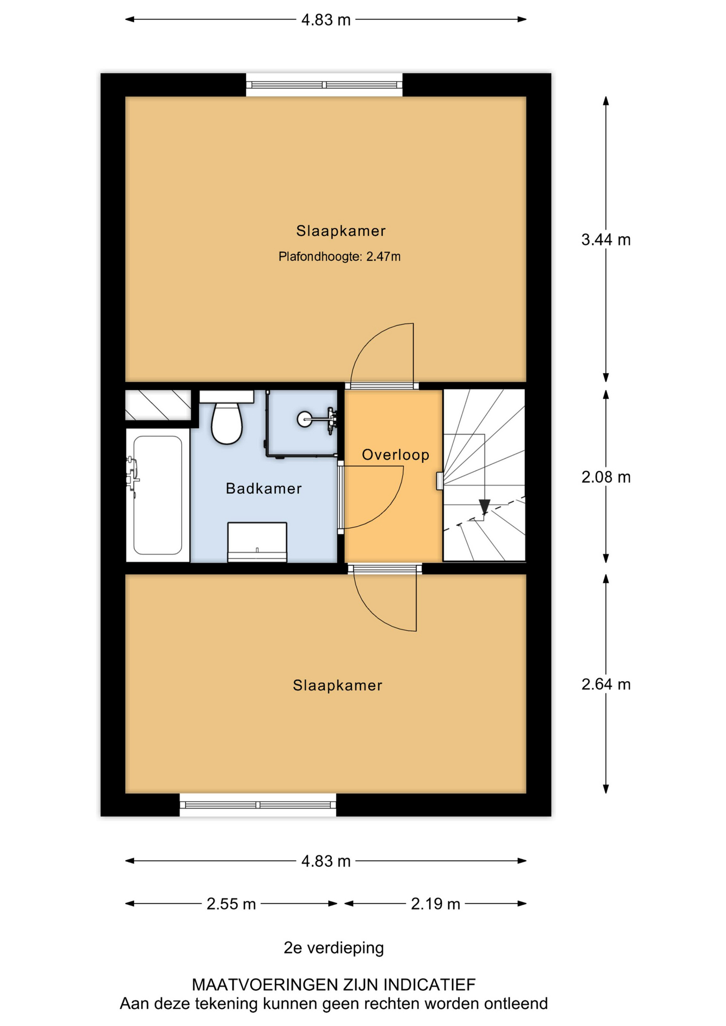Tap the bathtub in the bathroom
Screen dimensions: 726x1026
click(158, 495)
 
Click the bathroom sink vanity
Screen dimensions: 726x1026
click(257, 542)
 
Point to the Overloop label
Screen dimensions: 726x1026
click(396, 455)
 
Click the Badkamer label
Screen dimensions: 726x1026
click(264, 488)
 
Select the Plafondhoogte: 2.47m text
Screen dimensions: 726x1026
click(339, 256)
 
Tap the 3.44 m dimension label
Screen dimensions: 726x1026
click(606, 240)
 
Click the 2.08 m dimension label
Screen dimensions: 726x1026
click(606, 477)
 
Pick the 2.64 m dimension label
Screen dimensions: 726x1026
click(606, 685)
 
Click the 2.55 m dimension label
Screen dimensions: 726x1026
click(231, 904)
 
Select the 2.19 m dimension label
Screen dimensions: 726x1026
click(435, 904)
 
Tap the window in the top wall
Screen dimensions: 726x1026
click(324, 85)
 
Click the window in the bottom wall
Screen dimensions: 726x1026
click(258, 805)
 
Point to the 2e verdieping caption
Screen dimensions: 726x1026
click(334, 948)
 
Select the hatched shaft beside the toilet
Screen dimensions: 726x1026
click(158, 405)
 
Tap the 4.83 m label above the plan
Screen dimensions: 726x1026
click(326, 20)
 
